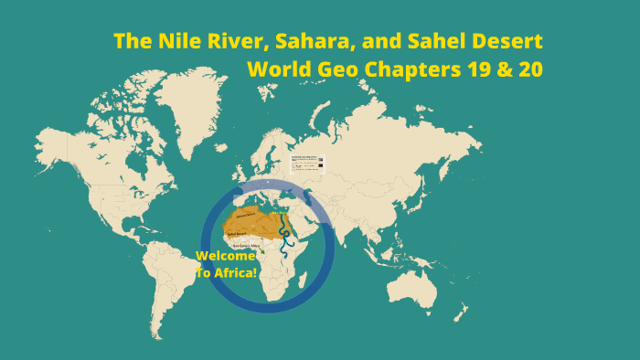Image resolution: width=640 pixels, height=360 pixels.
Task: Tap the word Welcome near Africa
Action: (x=226, y=256)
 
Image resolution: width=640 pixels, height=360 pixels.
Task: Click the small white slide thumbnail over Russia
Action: (x=308, y=164)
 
